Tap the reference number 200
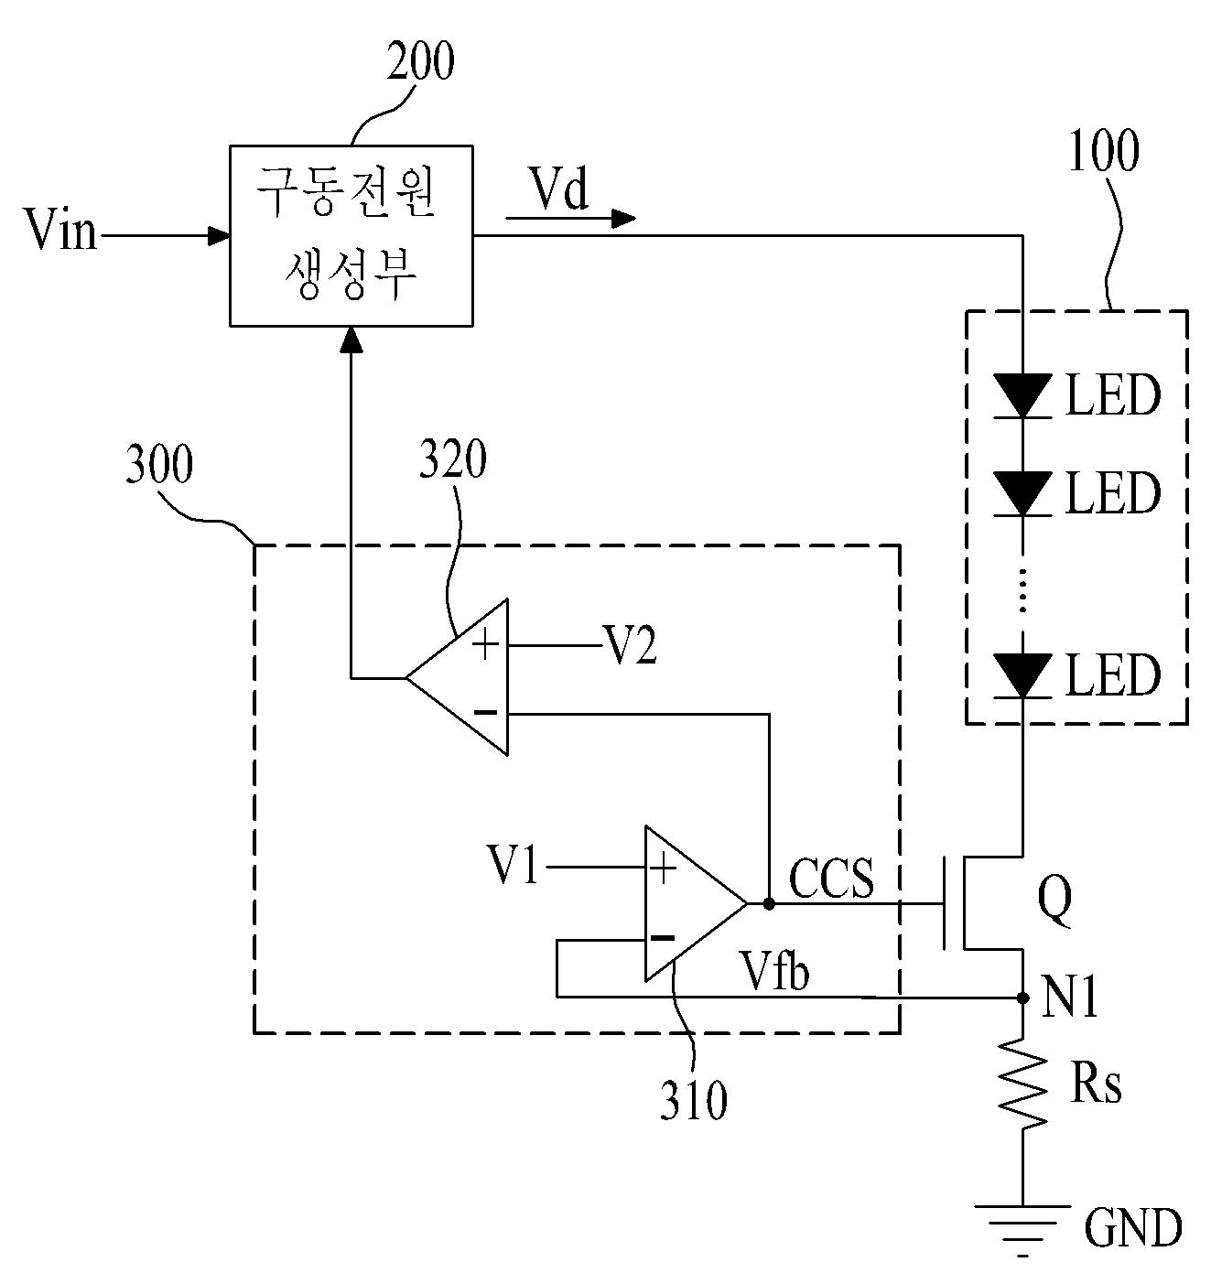(x=421, y=61)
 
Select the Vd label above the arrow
(x=559, y=189)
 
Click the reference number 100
(x=1103, y=150)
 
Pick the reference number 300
(x=158, y=464)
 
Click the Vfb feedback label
(x=775, y=972)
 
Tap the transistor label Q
(x=1054, y=901)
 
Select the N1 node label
(x=1070, y=998)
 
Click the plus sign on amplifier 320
(x=485, y=645)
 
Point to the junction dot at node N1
(x=1022, y=998)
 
